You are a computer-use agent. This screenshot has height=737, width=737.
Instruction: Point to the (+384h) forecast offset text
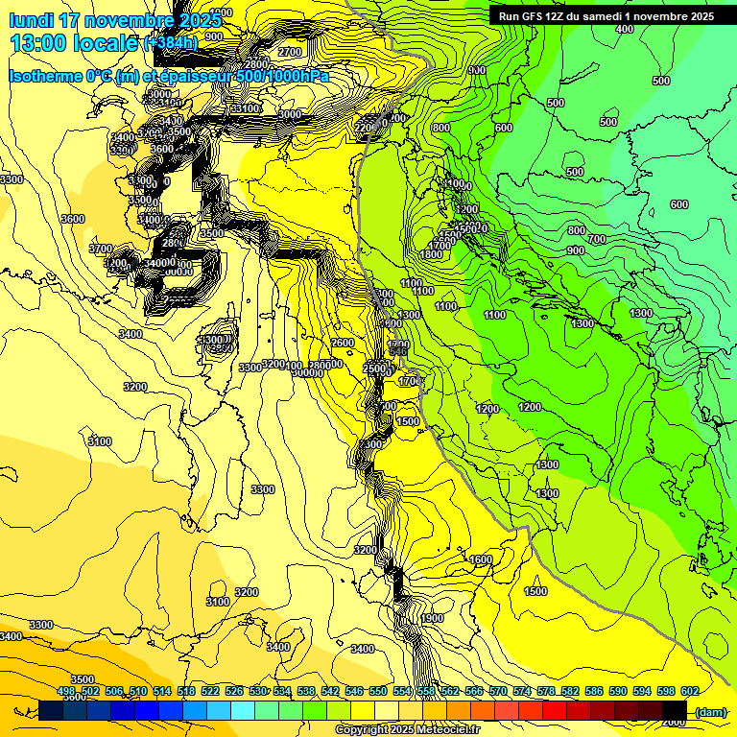pyautogui.click(x=171, y=42)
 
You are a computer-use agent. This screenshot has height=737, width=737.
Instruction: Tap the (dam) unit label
pyautogui.click(x=710, y=712)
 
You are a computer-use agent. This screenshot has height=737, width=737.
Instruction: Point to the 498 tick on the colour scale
pyautogui.click(x=66, y=691)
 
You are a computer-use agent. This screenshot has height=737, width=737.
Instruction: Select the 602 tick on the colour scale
pyautogui.click(x=689, y=691)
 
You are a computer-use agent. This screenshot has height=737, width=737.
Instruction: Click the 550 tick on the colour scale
pyautogui.click(x=378, y=691)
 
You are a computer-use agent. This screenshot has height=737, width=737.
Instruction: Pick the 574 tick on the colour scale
pyautogui.click(x=522, y=691)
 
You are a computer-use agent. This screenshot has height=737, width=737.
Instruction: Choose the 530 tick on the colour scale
pyautogui.click(x=258, y=691)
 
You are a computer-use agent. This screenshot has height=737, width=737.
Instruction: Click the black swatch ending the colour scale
pyautogui.click(x=675, y=710)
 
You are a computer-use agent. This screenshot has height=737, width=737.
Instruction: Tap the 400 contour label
pyautogui.click(x=625, y=29)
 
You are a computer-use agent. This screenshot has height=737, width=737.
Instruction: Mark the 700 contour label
pyautogui.click(x=597, y=239)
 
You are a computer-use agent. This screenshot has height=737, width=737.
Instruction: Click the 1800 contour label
pyautogui.click(x=431, y=254)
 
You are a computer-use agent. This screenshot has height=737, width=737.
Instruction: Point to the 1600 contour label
pyautogui.click(x=481, y=559)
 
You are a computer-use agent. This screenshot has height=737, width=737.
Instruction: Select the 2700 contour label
pyautogui.click(x=289, y=52)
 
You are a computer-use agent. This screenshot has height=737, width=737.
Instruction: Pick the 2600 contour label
pyautogui.click(x=343, y=343)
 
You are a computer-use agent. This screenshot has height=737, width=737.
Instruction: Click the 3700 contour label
pyautogui.click(x=101, y=249)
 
